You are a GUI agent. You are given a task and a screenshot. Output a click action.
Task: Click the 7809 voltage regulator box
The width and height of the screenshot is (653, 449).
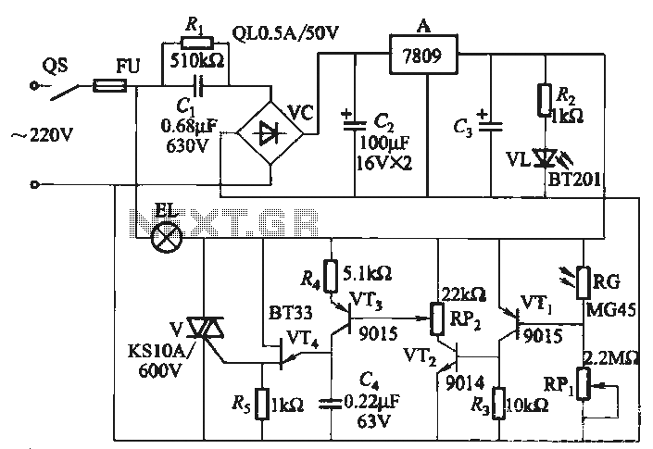423,55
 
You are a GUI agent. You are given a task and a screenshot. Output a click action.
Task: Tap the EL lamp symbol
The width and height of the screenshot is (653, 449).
167,238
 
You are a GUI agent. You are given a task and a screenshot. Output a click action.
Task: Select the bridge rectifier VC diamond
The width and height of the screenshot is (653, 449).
270,133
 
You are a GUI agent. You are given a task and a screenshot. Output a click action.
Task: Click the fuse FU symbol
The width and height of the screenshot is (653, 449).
109,86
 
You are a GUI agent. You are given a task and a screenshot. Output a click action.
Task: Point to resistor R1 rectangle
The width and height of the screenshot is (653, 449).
197,43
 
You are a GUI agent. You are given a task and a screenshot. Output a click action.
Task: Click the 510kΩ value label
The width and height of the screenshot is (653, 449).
197,62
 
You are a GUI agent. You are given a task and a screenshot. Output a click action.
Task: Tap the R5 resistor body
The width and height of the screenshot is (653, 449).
262,404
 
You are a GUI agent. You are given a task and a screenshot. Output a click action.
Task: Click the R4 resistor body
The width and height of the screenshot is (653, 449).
331,276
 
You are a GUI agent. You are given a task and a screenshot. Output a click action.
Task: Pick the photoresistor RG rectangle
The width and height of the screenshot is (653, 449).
584,283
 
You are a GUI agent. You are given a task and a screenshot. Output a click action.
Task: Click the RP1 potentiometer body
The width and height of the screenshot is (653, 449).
584,384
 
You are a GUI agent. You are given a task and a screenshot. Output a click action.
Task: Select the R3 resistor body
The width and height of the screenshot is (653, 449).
499,403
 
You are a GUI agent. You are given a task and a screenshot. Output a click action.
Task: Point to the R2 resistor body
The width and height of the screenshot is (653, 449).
545,100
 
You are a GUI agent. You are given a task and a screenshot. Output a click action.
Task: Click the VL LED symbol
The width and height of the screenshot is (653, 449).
545,159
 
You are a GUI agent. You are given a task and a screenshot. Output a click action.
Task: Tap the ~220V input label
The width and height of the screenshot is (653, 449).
42,135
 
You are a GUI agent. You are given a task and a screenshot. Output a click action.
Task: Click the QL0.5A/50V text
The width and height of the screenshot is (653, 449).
285,32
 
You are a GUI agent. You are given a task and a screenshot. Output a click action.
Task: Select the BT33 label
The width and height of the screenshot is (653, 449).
290,312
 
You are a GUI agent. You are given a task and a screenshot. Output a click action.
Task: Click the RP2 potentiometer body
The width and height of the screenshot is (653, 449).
437,319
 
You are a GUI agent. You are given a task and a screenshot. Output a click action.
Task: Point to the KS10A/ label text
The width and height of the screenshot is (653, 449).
160,352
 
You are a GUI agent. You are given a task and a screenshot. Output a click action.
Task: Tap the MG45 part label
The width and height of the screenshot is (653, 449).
611,309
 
